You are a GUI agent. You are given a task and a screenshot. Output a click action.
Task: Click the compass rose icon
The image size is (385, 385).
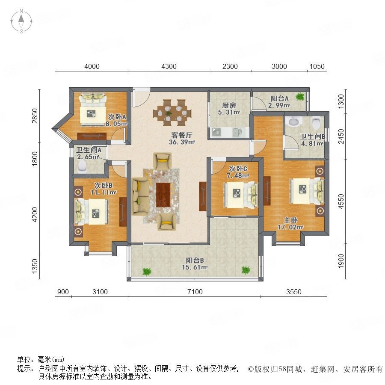[x=21, y=21]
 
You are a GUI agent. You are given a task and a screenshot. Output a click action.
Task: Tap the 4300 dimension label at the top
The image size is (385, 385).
[x=169, y=66]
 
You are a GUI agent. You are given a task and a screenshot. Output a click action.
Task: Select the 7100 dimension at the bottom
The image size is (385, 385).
[x=195, y=292]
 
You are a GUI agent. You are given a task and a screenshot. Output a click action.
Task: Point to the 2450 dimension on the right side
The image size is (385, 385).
[x=341, y=136]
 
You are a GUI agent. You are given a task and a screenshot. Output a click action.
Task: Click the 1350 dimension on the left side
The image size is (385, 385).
[x=35, y=266]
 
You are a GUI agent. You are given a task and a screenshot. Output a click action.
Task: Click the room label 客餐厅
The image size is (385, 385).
[x=182, y=135]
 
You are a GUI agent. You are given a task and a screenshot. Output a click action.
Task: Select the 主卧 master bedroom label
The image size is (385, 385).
[x=291, y=220]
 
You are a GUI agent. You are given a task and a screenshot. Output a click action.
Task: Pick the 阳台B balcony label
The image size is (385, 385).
[x=195, y=260]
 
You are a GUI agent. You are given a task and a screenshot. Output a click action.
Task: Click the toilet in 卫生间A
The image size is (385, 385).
[x=82, y=166]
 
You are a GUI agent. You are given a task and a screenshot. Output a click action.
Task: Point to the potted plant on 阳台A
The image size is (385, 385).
[x=300, y=97]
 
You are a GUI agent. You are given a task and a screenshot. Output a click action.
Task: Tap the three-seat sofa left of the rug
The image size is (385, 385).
[x=140, y=197]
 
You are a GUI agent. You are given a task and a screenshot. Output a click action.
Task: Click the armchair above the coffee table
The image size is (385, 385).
[x=162, y=161]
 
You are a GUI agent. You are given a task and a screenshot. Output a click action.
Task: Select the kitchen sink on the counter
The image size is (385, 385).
[x=237, y=132]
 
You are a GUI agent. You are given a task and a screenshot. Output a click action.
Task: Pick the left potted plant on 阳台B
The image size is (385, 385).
[x=147, y=272]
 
